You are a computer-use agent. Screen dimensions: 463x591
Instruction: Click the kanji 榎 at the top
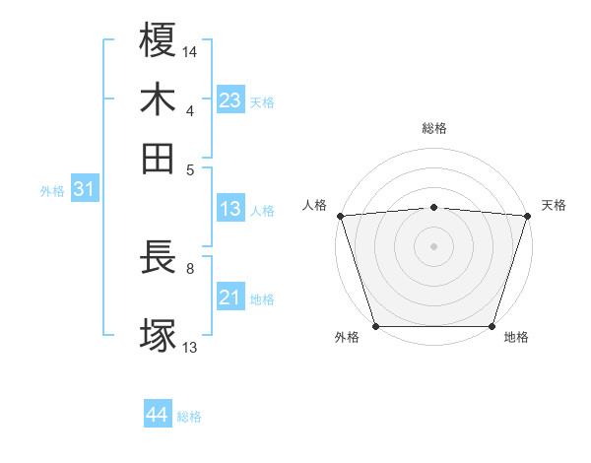tap(159, 40)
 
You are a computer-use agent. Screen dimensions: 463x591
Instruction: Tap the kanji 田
tap(159, 158)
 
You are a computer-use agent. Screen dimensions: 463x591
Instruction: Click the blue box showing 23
tap(230, 100)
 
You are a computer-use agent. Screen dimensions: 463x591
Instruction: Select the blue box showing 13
tap(230, 209)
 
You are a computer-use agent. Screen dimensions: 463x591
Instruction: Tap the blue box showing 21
tap(230, 298)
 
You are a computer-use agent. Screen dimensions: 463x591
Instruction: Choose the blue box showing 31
tap(84, 190)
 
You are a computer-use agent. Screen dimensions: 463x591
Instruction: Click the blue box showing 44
tap(157, 416)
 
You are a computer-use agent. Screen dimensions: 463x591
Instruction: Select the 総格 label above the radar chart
tap(434, 129)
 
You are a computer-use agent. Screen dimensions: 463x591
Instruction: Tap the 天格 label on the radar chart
tap(554, 205)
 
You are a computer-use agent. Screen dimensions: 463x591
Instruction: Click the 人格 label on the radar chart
tap(314, 205)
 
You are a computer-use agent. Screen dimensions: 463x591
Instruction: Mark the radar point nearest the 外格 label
tap(375, 326)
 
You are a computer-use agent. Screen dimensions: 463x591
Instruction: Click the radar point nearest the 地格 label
tap(492, 326)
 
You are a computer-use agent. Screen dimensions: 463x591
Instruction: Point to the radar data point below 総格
tap(434, 207)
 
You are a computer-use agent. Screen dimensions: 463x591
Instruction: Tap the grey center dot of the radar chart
tap(434, 245)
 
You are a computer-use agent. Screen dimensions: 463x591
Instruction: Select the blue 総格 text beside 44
tap(189, 417)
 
